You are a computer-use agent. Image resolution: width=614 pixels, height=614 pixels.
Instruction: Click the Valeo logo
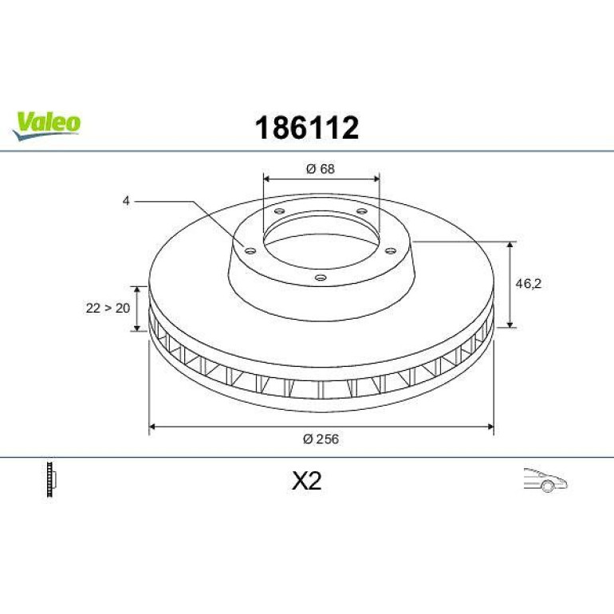coord(46,125)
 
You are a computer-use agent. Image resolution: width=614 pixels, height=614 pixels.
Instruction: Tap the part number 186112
coord(307,128)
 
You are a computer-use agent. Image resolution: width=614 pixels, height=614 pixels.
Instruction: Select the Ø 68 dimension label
coord(321,169)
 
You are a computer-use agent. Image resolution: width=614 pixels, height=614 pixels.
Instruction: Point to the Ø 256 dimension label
coord(321,439)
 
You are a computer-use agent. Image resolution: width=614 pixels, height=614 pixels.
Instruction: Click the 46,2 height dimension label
coord(528,284)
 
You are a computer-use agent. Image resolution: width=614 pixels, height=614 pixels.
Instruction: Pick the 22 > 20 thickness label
coord(108,308)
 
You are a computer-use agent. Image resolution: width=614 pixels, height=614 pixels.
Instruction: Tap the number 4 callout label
coord(126,201)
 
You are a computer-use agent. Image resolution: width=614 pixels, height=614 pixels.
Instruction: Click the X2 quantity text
coord(307,481)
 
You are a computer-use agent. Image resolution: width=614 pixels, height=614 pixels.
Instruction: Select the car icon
coord(545,480)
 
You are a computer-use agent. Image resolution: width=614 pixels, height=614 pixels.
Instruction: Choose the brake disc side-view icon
coord(51,479)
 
